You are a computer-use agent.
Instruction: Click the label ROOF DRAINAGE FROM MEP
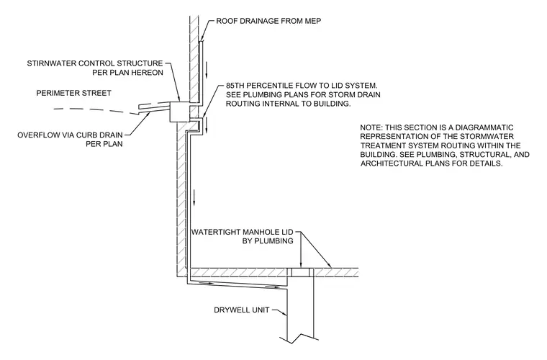coord(268,21)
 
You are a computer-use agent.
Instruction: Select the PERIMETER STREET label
coord(73,93)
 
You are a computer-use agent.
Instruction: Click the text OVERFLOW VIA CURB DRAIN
coord(70,135)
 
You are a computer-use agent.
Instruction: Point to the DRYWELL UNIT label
coord(241,310)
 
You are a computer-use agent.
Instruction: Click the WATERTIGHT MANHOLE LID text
coord(243,232)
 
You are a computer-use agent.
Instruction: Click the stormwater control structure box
coord(180,112)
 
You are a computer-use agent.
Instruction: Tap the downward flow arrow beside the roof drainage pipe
coord(207,69)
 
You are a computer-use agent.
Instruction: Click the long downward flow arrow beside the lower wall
coord(194,197)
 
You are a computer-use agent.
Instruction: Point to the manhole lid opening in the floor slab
coord(300,272)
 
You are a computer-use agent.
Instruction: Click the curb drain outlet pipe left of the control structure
coord(154,107)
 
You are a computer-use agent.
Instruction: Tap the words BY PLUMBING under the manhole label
coord(268,241)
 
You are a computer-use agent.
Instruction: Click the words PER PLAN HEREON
coord(127,73)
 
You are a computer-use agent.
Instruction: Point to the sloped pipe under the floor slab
coord(238,283)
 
